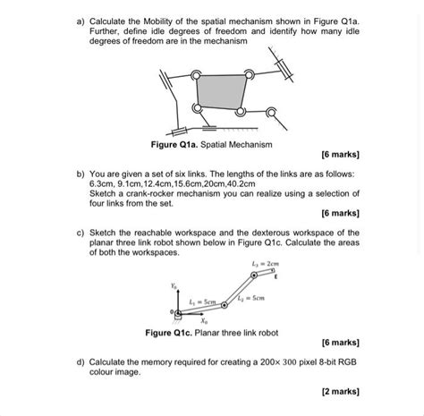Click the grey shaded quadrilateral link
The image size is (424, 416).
pyautogui.click(x=219, y=92)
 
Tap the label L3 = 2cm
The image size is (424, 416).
pyautogui.click(x=266, y=264)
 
